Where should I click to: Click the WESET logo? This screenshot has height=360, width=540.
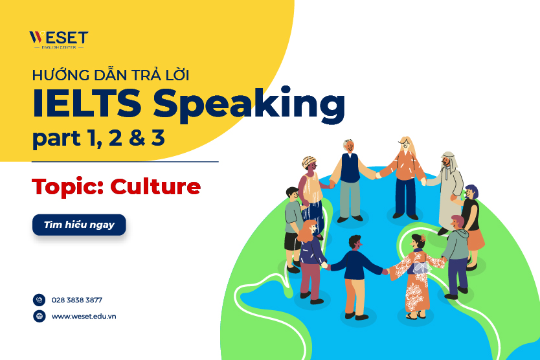tap(58, 39)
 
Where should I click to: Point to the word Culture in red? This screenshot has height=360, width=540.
tap(155, 187)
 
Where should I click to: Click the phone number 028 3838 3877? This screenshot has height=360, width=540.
tap(76, 300)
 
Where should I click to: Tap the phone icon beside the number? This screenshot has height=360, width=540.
tap(39, 300)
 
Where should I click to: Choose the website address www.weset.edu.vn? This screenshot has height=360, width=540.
tap(84, 316)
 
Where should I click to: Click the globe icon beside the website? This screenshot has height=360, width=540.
tap(39, 316)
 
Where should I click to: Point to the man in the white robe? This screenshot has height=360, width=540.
tap(449, 191)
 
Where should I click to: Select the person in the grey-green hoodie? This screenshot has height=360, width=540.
tap(456, 249)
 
